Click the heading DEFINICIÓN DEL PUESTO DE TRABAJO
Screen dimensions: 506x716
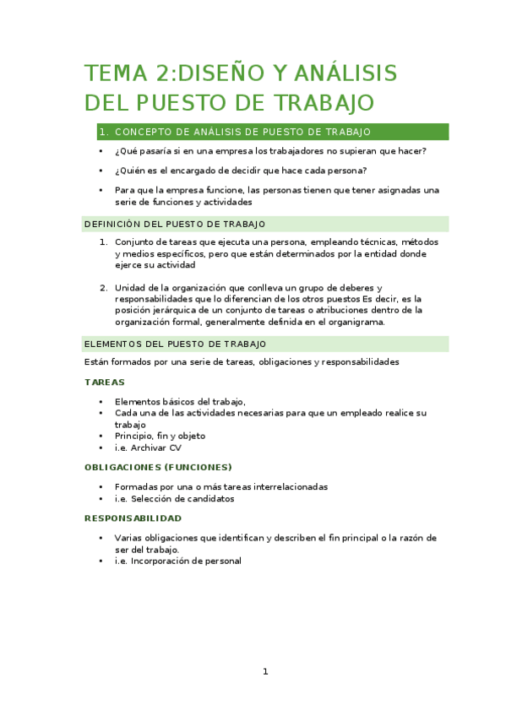pyautogui.click(x=176, y=224)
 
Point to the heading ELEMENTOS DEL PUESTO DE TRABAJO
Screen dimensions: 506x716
pyautogui.click(x=176, y=344)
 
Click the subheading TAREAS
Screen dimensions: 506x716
pyautogui.click(x=105, y=382)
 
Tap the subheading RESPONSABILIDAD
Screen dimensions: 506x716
pyautogui.click(x=133, y=518)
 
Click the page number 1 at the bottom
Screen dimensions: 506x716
pyautogui.click(x=264, y=671)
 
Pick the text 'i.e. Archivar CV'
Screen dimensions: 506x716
pyautogui.click(x=148, y=447)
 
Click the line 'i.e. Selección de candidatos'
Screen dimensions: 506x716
pyautogui.click(x=174, y=498)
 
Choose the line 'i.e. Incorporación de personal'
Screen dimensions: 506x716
pyautogui.click(x=177, y=561)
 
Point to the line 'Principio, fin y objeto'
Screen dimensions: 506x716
pyautogui.click(x=160, y=436)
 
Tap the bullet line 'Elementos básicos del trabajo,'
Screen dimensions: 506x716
pyautogui.click(x=180, y=401)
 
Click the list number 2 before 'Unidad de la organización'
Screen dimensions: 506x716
pyautogui.click(x=103, y=286)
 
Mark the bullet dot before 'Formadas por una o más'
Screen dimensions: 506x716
pyautogui.click(x=101, y=487)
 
